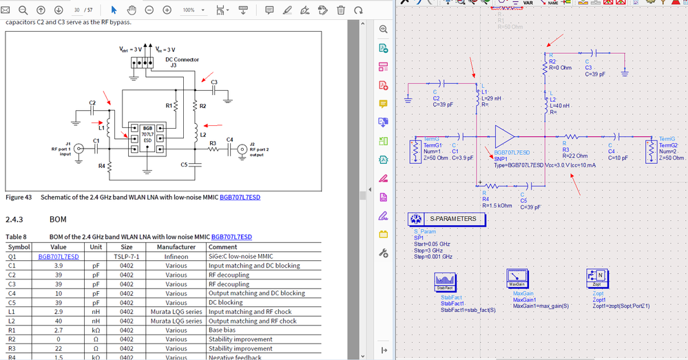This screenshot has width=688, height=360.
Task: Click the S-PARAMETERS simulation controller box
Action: (448, 219)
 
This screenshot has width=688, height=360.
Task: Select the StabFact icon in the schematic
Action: (446, 282)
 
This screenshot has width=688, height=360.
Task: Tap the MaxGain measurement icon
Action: (517, 279)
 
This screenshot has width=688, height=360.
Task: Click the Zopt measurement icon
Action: (596, 279)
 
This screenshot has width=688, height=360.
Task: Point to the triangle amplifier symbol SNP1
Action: (504, 136)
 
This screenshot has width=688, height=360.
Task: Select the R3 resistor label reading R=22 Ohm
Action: (575, 156)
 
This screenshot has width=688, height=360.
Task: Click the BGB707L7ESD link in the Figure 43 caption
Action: (240, 198)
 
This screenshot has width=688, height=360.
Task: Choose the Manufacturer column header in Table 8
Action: (176, 246)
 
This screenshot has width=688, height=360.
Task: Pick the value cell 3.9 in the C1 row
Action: (59, 265)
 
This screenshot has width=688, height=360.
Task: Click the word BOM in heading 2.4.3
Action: (58, 220)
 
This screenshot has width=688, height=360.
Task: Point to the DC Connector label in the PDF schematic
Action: (183, 59)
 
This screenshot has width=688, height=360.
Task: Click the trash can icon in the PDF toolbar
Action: (341, 10)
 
